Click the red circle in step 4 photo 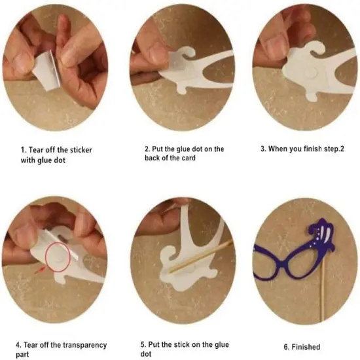(x=59, y=257)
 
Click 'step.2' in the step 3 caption (x=331, y=149)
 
